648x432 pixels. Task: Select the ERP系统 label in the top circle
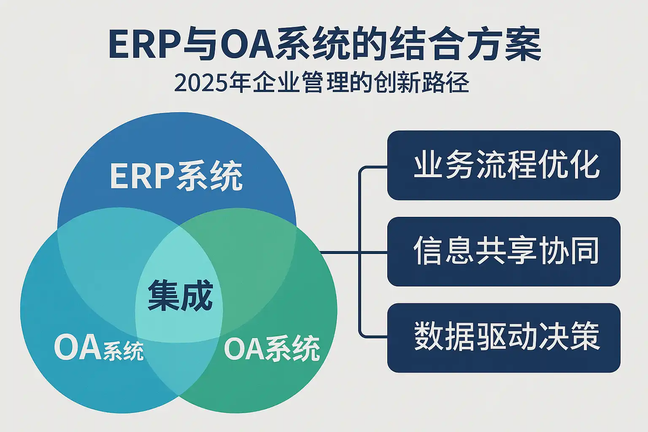tap(176, 176)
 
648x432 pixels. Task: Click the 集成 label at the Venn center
tap(181, 296)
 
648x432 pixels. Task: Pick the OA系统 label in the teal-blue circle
tap(99, 348)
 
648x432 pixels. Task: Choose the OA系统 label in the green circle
tap(272, 348)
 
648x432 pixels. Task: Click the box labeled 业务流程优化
tap(504, 165)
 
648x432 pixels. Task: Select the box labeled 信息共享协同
tap(504, 252)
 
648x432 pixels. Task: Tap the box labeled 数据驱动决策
tap(504, 338)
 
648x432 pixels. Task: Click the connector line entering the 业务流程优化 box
tap(373, 167)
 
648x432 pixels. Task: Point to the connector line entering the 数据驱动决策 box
tap(373, 337)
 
